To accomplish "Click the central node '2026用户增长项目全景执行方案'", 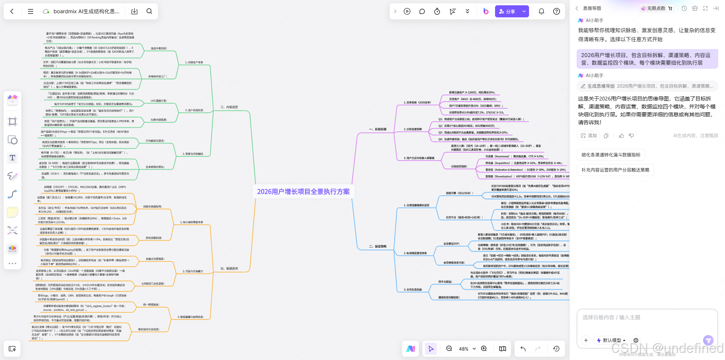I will coord(303,192).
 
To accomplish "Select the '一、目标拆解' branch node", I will coord(378,129).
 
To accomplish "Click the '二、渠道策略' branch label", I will coord(378,246).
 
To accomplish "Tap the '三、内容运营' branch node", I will coord(230,107).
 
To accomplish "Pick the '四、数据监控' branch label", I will coord(230,269).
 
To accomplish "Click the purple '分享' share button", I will coord(507,11).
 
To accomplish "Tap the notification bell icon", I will coord(541,11).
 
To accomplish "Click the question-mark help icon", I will coord(556,11).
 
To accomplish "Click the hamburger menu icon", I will coord(31,11).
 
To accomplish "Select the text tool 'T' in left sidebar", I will coord(12,158).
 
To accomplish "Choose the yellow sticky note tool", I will coord(12,212).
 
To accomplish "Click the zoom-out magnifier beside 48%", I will coord(449,349).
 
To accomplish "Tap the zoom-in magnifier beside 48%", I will coord(484,349).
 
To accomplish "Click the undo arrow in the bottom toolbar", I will coord(523,349).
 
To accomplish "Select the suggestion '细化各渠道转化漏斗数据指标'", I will coord(611,155).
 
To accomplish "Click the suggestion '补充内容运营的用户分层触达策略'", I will coord(615,170).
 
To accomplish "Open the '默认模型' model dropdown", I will coord(611,340).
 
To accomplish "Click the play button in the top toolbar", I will coord(407,11).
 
